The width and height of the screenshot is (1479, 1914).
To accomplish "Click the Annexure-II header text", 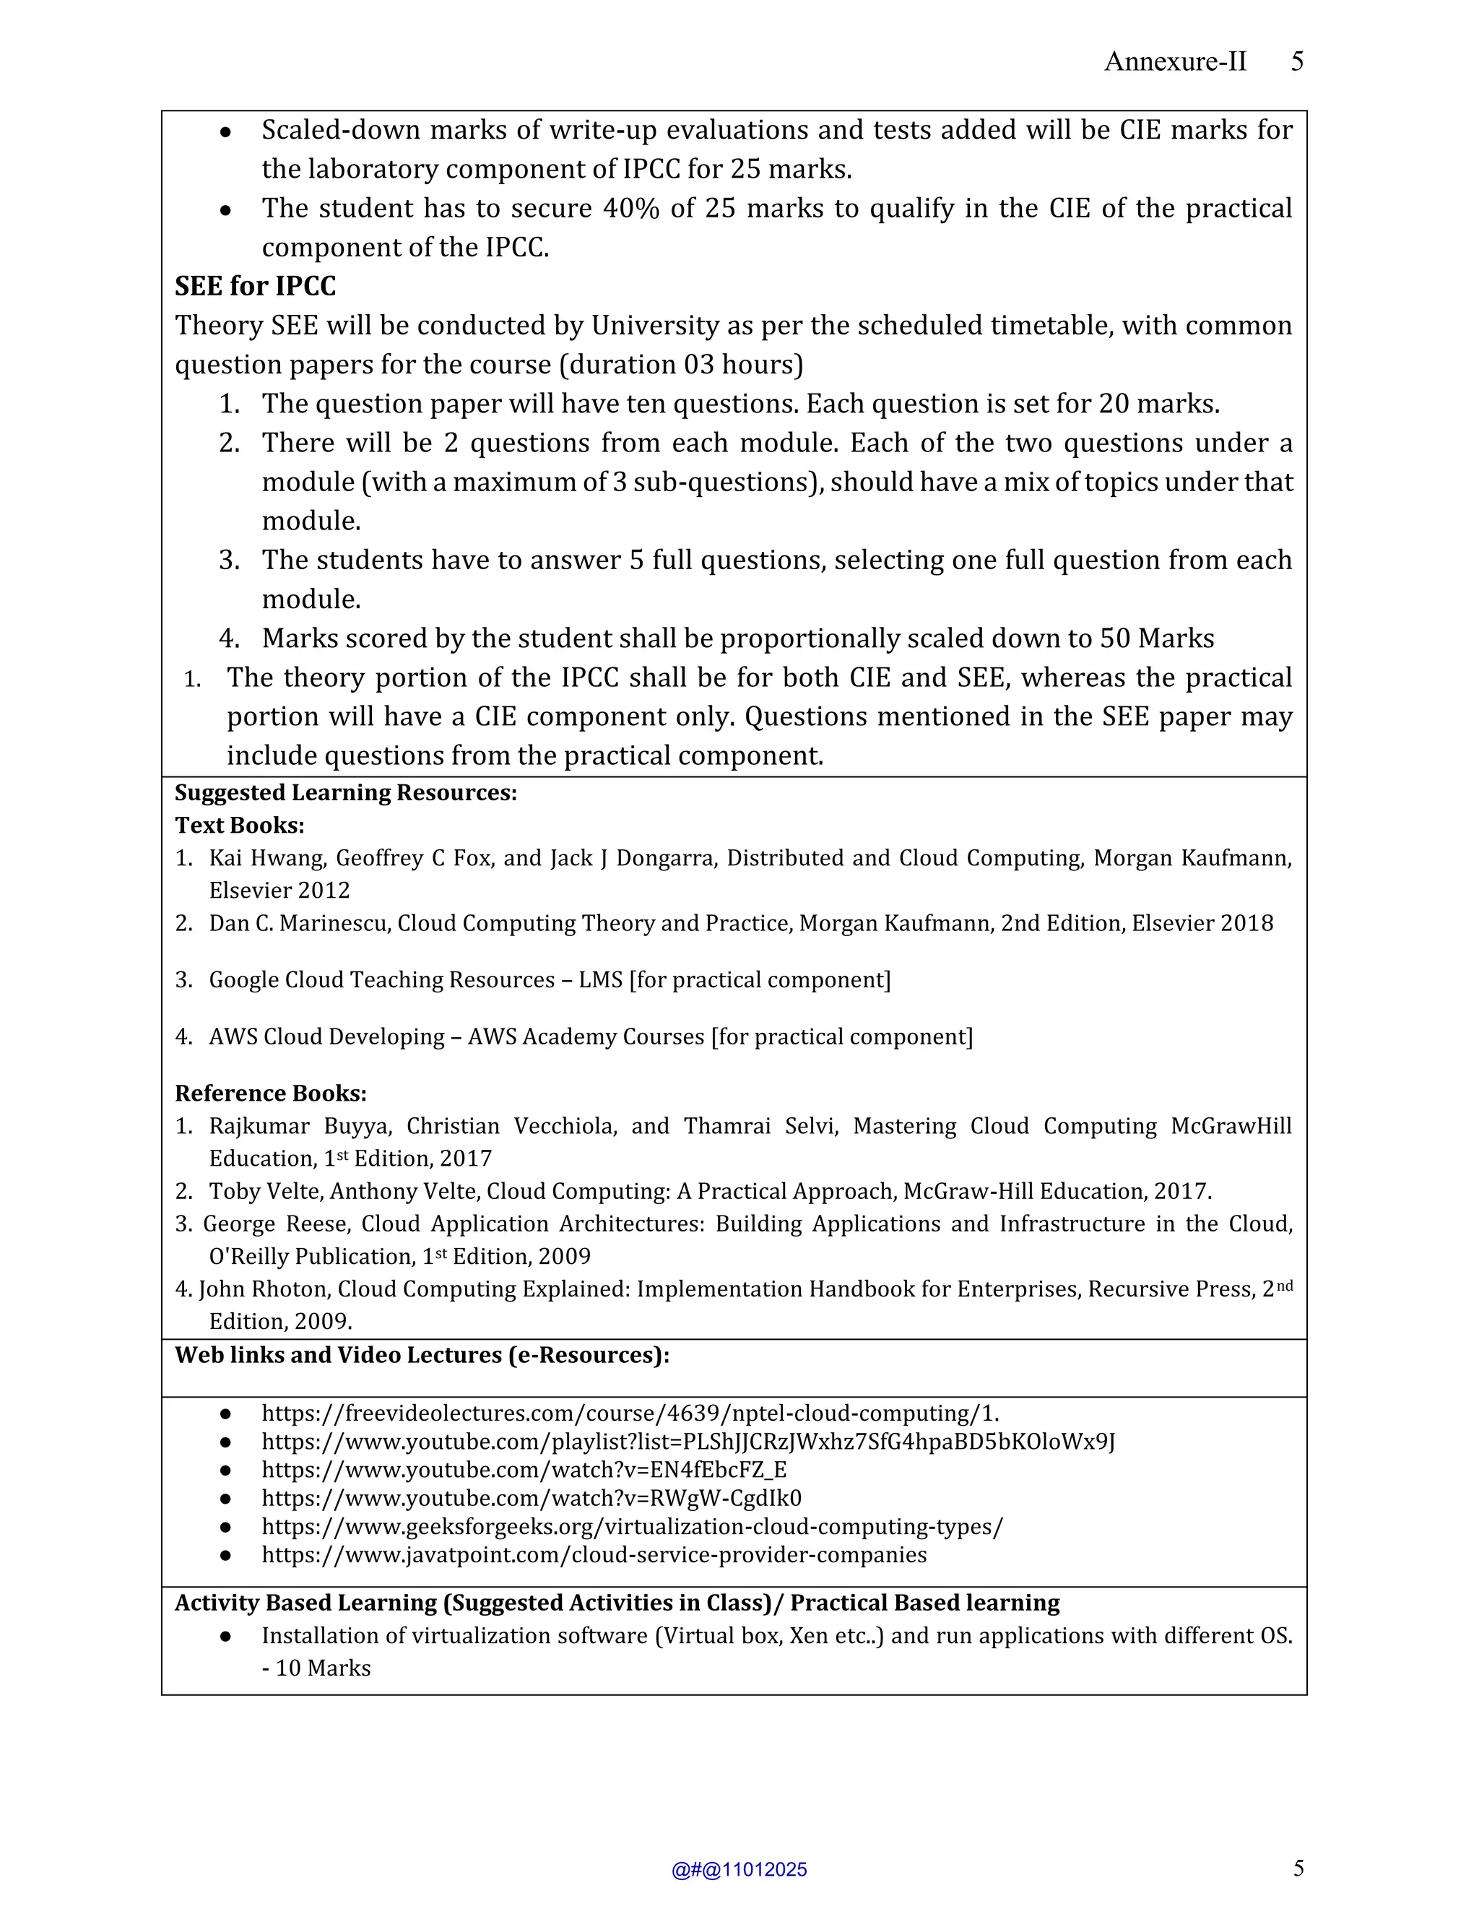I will coord(1174,61).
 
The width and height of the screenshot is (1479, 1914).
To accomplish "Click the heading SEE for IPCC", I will coord(255,287).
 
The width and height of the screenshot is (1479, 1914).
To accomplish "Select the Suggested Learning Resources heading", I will coord(345,793).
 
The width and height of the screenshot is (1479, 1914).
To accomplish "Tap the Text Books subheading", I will coord(239,826).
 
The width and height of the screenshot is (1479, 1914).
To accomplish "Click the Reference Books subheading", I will coord(270,1094).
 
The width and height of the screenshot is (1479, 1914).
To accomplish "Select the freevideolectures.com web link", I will coord(630,1413).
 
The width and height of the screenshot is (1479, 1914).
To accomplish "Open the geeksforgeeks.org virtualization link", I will coord(632,1527).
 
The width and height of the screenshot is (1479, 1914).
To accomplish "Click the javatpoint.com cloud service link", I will coord(594,1555).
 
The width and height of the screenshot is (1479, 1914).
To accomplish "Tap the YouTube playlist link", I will coord(688,1442).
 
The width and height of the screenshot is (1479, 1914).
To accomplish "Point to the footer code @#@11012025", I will coord(739,1870).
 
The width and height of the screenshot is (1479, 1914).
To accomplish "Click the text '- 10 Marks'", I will coord(316,1668).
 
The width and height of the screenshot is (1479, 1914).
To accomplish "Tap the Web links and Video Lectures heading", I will coord(422,1356).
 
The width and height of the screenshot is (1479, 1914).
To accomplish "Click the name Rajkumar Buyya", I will coord(259,1126).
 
